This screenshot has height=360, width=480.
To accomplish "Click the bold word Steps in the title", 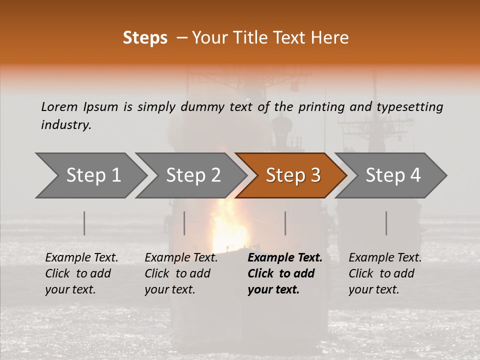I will click(145, 38).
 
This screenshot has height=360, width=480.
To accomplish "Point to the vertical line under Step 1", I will click(84, 223).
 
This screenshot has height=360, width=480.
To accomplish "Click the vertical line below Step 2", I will click(184, 223).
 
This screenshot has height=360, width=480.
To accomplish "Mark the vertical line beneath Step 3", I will click(285, 223).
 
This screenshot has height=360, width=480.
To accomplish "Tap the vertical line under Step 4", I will click(386, 223).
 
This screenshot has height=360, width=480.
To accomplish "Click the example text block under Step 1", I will click(81, 273).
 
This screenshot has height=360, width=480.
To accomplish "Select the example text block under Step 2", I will click(180, 273).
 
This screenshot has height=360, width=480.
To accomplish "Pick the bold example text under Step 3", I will click(284, 273).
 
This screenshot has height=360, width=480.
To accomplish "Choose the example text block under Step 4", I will click(384, 273).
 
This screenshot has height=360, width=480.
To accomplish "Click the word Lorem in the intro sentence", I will click(59, 106).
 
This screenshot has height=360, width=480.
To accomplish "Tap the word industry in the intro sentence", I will click(66, 125).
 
